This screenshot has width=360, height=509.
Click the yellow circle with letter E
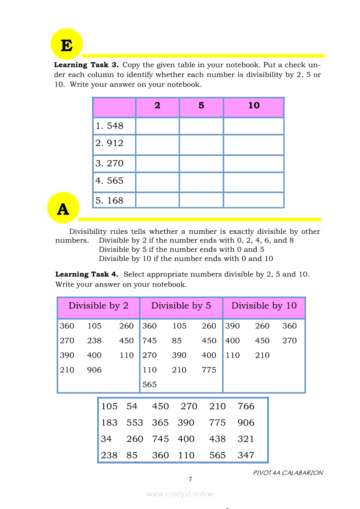tap(67, 44)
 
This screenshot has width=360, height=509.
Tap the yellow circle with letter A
tap(63, 209)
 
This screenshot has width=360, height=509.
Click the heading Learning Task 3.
tap(86, 65)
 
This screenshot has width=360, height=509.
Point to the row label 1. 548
tap(110, 126)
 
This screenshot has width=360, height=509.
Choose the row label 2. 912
tap(110, 143)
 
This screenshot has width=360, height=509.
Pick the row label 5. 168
tap(110, 201)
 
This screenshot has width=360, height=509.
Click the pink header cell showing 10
tap(254, 105)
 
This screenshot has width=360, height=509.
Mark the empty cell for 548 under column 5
tap(201, 126)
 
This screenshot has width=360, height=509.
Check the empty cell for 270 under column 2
tap(157, 163)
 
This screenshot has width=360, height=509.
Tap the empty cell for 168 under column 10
tap(254, 201)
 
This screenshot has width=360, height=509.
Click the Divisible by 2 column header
tap(98, 306)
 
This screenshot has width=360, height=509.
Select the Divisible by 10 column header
tap(264, 306)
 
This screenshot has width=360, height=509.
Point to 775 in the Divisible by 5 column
tap(209, 370)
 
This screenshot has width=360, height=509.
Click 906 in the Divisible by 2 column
tap(94, 370)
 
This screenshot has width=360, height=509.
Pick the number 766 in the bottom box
tap(246, 406)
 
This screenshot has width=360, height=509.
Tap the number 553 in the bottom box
tap(135, 423)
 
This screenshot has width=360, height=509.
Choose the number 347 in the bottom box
tap(246, 455)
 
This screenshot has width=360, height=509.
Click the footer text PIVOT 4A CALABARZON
tap(288, 472)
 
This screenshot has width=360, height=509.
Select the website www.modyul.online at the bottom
tap(180, 494)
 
